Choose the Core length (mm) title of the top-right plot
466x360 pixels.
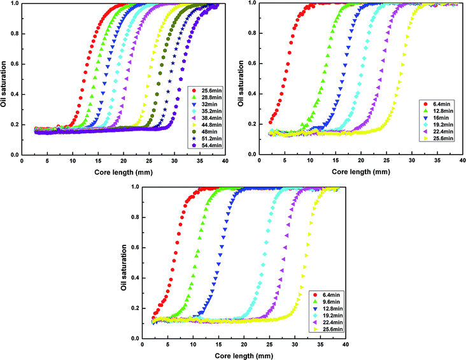pyautogui.click(x=356, y=169)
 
